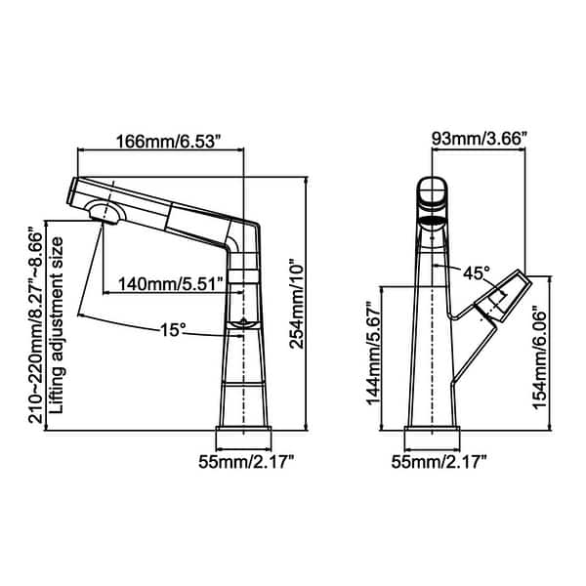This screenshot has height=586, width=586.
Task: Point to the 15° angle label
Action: [173, 331]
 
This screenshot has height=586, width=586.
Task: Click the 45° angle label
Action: [477, 274]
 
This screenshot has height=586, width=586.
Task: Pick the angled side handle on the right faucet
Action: [501, 298]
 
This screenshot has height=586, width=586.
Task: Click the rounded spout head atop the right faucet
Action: [433, 194]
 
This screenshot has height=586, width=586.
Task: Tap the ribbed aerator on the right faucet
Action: [433, 222]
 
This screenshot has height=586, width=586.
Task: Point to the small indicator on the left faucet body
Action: [240, 324]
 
